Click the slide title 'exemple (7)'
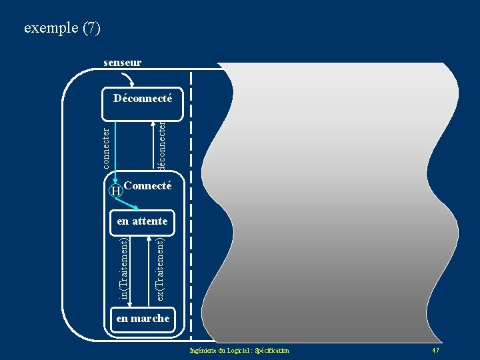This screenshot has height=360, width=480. [x=62, y=29]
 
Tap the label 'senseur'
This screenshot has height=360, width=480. [x=122, y=63]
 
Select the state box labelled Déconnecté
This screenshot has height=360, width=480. [x=143, y=99]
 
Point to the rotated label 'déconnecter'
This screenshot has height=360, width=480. [x=161, y=144]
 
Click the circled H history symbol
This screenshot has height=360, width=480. [x=116, y=191]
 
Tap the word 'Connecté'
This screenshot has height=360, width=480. [x=148, y=186]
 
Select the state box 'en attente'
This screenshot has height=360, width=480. [x=142, y=221]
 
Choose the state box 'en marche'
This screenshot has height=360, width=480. [x=143, y=319]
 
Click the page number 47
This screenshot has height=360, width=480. [x=435, y=351]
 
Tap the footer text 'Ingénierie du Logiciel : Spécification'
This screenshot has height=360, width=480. [x=239, y=351]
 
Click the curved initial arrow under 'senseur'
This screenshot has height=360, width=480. [x=128, y=78]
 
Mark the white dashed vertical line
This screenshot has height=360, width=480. [x=191, y=200]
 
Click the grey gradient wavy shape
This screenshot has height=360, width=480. [x=333, y=200]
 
